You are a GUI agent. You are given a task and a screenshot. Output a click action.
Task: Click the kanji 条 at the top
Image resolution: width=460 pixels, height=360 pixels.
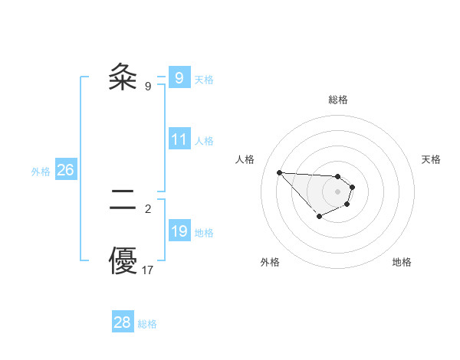[123, 77]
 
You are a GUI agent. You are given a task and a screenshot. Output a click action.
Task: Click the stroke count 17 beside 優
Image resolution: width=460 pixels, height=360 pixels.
[148, 270]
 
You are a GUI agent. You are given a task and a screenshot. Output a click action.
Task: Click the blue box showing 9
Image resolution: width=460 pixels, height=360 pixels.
[179, 77]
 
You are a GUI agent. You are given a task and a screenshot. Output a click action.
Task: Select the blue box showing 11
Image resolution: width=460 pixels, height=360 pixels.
[179, 139]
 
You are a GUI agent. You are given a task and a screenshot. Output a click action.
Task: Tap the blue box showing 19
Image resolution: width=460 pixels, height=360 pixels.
[179, 231]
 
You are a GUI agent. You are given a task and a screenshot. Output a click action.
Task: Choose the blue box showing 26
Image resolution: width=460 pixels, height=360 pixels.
[65, 170]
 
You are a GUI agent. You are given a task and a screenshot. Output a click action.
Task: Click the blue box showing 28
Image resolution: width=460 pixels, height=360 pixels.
[123, 322]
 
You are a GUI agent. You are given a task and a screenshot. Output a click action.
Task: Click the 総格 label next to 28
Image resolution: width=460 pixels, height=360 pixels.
[147, 324]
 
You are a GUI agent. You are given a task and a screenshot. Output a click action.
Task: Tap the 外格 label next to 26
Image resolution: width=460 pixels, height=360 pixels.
[41, 172]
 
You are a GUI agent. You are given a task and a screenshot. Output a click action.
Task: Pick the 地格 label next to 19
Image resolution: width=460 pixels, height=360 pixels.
[204, 233]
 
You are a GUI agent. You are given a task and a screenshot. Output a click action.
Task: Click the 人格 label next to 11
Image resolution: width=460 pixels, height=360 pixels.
[204, 141]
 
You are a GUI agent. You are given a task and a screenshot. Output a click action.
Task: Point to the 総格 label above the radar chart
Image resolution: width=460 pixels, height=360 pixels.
[338, 100]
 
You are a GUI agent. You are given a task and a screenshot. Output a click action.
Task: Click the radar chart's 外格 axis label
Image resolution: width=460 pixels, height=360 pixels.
[270, 262]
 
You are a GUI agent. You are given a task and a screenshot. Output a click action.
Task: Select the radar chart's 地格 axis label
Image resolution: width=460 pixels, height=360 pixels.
[402, 262]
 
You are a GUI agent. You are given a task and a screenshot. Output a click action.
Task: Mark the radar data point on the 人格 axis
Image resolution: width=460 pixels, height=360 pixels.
[279, 172]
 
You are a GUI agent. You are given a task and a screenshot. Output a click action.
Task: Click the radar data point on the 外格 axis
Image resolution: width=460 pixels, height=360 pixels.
[319, 218]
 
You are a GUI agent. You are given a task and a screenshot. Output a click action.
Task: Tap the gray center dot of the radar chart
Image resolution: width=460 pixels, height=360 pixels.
[338, 191]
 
